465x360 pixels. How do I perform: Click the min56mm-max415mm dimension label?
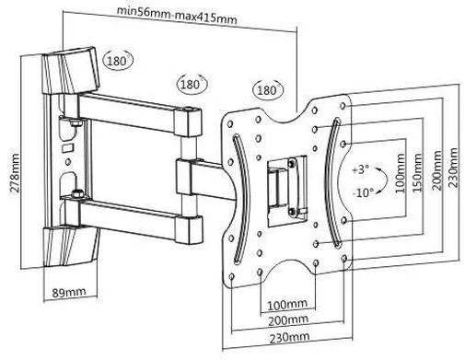(x=177, y=15)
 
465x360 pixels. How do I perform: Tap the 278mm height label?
(x=15, y=173)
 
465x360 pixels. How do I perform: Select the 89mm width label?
(x=69, y=292)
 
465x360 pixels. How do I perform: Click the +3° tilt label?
(x=361, y=169)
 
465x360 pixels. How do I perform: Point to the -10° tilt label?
(x=364, y=192)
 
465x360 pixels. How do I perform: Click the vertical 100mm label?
(x=400, y=173)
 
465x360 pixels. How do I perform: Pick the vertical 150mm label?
(x=417, y=173)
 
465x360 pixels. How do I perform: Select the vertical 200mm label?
(x=436, y=170)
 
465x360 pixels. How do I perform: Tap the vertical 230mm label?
(x=453, y=168)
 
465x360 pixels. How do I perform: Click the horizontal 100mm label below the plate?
(x=287, y=305)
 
